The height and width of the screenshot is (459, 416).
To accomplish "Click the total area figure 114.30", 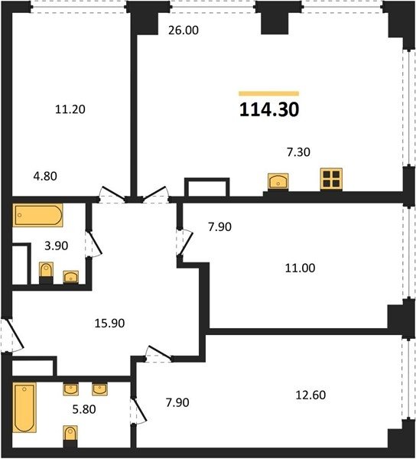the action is [x=269, y=109].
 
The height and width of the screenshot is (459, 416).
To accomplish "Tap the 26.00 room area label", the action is [x=184, y=30].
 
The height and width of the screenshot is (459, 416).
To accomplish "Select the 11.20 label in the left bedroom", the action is [x=70, y=109].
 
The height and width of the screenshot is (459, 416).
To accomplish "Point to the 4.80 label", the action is [x=45, y=176].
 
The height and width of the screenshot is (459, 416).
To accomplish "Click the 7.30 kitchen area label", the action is [x=298, y=152].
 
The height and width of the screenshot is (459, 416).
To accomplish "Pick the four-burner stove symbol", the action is [x=331, y=179].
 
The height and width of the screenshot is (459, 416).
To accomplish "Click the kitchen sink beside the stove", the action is [x=278, y=181].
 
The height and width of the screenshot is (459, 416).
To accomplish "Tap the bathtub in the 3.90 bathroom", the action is [x=38, y=215].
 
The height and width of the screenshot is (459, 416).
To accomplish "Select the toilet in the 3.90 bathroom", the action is [x=46, y=272].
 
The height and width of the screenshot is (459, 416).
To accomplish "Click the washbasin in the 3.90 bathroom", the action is [x=71, y=277].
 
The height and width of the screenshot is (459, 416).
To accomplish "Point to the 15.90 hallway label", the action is [x=109, y=323].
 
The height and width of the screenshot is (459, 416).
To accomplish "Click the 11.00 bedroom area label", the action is [x=301, y=269].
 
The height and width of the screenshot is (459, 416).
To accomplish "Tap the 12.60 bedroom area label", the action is [x=310, y=396].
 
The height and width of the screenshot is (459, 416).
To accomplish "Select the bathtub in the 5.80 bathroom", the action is [x=24, y=408].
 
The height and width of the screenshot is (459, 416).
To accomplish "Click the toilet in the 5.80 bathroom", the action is [x=70, y=436].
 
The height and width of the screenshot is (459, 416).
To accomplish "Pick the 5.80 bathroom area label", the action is [x=84, y=409].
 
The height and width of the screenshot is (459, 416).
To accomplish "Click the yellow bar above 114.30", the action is [x=269, y=93].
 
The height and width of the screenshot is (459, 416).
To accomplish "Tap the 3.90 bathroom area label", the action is [x=57, y=246].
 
